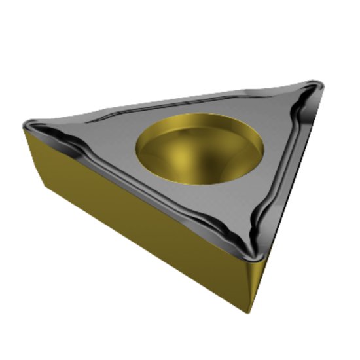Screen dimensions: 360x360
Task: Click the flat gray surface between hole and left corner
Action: point(105,141)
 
